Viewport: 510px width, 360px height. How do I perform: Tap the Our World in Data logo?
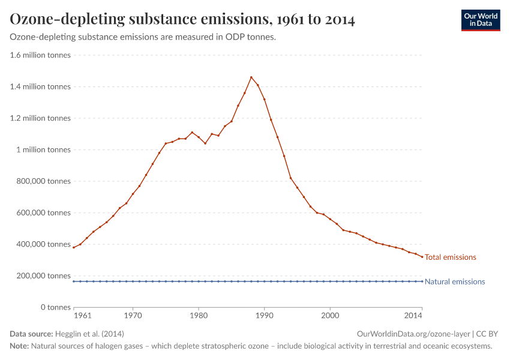480,20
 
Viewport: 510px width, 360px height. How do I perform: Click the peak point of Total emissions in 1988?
251,77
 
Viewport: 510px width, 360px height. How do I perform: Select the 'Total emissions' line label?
450,257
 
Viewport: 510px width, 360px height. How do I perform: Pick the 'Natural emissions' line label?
454,282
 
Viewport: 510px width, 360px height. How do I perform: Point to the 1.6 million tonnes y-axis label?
40,55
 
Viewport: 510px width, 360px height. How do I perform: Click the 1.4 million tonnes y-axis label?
40,87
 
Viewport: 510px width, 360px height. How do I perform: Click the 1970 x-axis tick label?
133,316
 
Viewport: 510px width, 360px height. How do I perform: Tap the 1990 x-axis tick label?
264,316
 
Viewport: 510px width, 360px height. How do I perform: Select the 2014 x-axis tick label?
413,316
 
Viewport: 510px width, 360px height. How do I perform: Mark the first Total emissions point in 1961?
74,247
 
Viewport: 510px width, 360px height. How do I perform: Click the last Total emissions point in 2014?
422,257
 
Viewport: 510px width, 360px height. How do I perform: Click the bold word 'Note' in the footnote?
19,346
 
